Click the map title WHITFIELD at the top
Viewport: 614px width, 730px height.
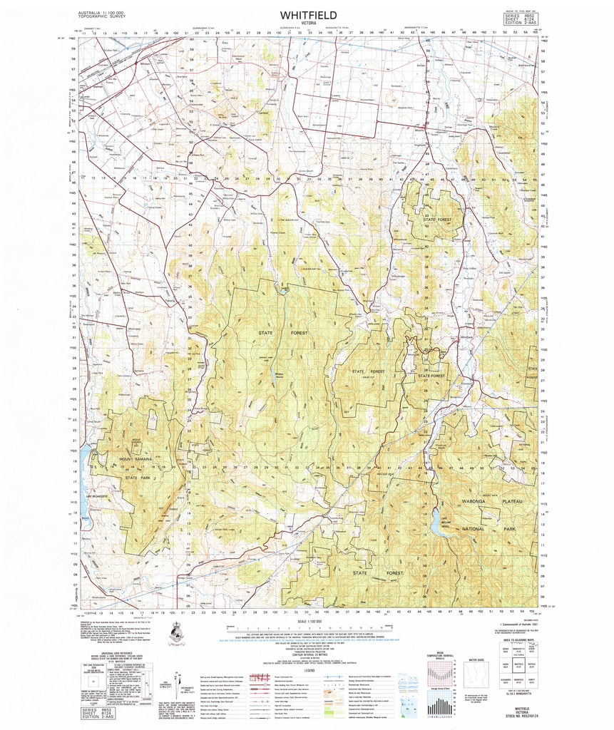pyautogui.click(x=308, y=14)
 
